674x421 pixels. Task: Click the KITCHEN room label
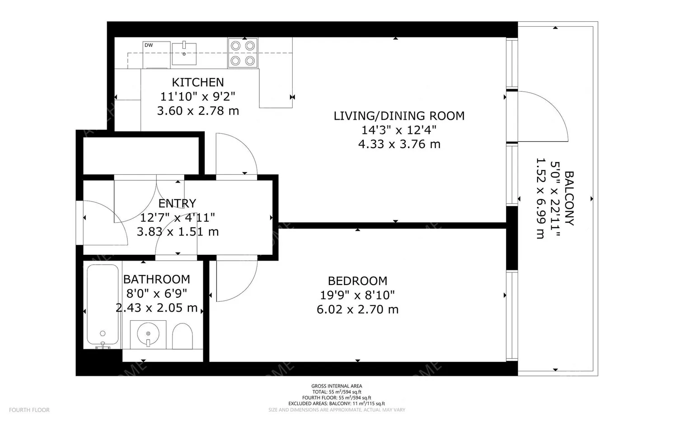[198, 82]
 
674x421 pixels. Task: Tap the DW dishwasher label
[149, 45]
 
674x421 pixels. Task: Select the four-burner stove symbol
[243, 53]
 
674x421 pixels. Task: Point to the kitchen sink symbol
[184, 54]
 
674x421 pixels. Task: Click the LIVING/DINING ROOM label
[399, 116]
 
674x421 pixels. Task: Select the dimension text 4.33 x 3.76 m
[399, 144]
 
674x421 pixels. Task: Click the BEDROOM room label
[357, 281]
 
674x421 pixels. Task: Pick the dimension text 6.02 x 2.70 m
[357, 309]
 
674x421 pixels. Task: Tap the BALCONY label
[569, 198]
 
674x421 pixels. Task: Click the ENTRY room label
[177, 203]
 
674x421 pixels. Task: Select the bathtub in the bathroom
[103, 304]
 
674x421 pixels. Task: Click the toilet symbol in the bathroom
[183, 336]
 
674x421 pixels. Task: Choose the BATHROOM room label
[156, 279]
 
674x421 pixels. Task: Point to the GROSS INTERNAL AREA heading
[337, 386]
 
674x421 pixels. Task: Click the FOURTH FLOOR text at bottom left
[29, 410]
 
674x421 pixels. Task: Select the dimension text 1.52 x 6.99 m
[540, 198]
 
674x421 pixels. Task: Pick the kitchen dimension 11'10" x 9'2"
[198, 96]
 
